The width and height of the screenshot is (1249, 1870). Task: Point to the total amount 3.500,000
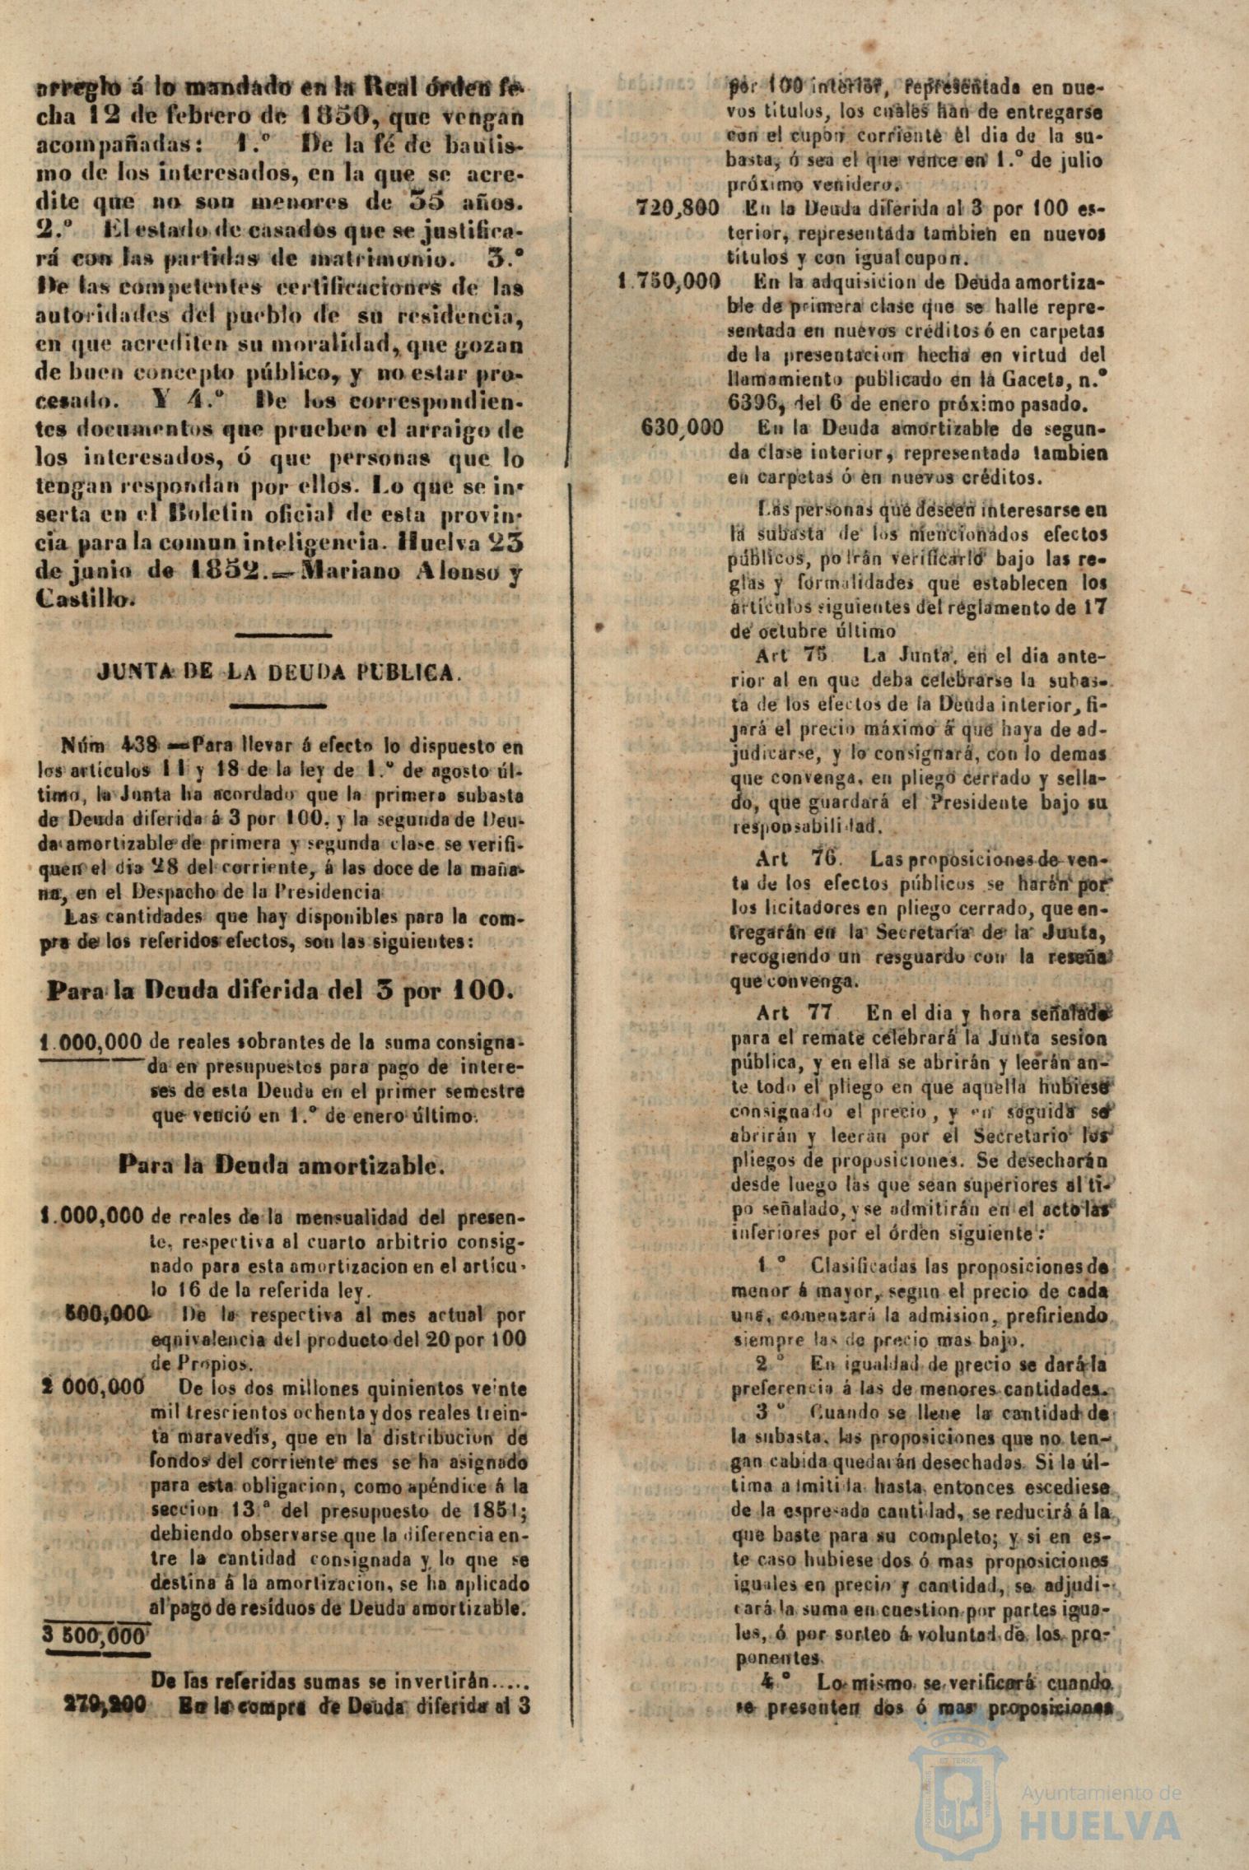pyautogui.click(x=93, y=1611)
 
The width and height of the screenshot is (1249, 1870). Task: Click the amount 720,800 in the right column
pyautogui.click(x=678, y=209)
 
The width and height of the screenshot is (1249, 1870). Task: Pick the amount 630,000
pyautogui.click(x=682, y=428)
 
